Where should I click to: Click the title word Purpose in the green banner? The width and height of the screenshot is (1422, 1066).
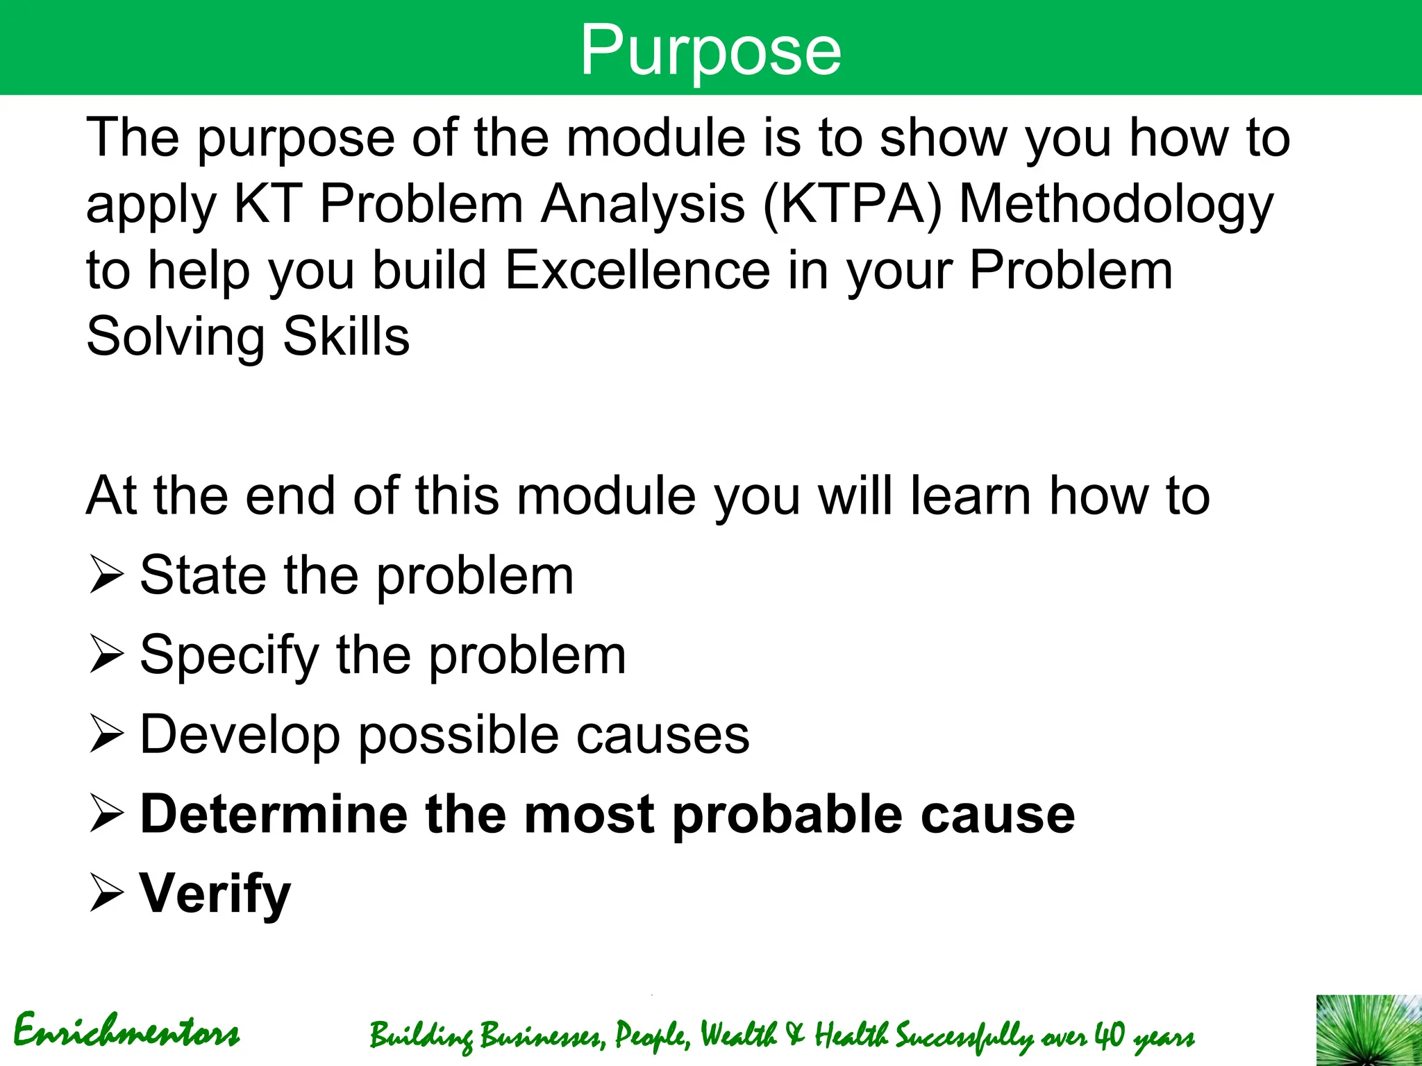click(x=710, y=50)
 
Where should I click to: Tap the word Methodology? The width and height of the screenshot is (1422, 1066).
click(x=1116, y=205)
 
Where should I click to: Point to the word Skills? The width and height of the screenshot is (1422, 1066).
click(x=346, y=337)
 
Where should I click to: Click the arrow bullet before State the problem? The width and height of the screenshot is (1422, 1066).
click(x=106, y=576)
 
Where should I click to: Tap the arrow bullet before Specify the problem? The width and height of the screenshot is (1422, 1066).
click(x=106, y=656)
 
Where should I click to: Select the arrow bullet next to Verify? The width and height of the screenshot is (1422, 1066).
click(x=106, y=895)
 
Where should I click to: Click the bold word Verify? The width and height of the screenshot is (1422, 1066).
click(x=215, y=895)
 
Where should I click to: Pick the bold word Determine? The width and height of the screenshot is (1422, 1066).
click(x=274, y=814)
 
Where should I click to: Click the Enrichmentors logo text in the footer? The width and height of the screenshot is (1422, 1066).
click(x=126, y=1031)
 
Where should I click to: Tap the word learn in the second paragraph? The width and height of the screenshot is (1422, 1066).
click(x=970, y=496)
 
